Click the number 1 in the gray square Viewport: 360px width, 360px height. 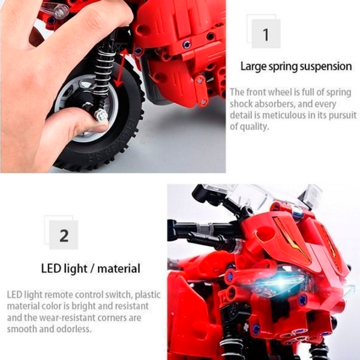click(266, 35)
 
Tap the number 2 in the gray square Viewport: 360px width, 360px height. click(64, 236)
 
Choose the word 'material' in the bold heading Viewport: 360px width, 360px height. click(119, 269)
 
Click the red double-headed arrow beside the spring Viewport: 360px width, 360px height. click(121, 68)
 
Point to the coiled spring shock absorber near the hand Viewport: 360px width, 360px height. click(104, 73)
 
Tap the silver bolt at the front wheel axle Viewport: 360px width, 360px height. click(101, 115)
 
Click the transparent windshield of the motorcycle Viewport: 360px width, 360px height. click(259, 196)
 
